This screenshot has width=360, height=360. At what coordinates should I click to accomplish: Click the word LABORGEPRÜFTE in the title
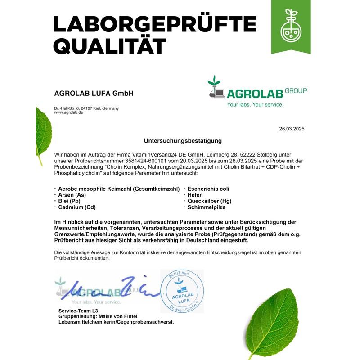(155, 24)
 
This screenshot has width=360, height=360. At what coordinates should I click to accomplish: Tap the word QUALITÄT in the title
(110, 46)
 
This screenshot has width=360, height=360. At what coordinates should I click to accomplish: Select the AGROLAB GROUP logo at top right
(257, 89)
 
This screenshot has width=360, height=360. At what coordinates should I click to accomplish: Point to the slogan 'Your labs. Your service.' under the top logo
(255, 105)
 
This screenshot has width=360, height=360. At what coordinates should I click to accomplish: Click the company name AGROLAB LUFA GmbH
(94, 94)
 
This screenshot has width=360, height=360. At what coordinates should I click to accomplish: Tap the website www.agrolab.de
(68, 112)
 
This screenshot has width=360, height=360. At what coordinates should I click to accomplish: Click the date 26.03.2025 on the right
(292, 129)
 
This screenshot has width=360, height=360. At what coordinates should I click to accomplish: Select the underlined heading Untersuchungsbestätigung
(183, 141)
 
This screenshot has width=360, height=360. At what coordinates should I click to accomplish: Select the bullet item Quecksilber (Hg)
(209, 201)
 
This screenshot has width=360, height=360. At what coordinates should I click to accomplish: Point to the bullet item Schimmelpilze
(207, 207)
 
